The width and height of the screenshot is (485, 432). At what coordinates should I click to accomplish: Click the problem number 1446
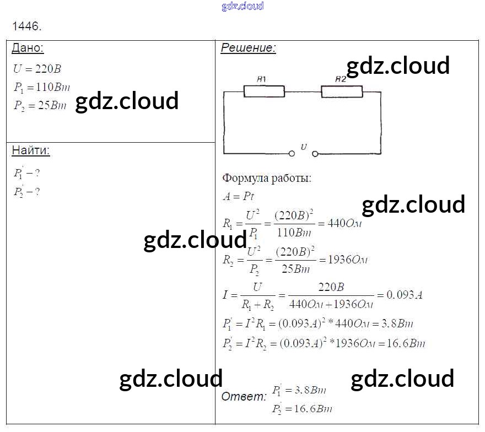tap(26, 26)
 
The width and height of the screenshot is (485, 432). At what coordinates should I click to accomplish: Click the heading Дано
tap(27, 48)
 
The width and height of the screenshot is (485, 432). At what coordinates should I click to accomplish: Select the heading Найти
tap(30, 150)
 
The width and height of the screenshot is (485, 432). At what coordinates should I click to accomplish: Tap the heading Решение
tap(248, 48)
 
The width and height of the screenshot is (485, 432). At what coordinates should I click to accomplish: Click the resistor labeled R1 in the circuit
tap(264, 91)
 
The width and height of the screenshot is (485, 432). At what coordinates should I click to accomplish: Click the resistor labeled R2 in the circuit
tap(342, 91)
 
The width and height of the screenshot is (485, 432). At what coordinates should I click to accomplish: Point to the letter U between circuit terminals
tap(304, 147)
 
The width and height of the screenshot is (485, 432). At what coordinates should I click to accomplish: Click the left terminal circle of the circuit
tap(292, 153)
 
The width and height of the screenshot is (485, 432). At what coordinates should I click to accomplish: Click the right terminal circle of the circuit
tap(316, 153)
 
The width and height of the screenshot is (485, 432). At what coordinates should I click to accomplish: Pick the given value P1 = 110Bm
tap(42, 87)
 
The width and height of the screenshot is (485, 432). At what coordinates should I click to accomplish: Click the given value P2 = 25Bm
tap(40, 106)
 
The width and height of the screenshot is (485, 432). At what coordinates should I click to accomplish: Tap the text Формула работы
tap(266, 179)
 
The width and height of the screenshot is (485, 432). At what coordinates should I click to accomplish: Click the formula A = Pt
tap(238, 196)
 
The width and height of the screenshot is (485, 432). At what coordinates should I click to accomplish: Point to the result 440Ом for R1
tap(344, 224)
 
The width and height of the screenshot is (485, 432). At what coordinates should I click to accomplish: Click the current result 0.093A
tap(405, 295)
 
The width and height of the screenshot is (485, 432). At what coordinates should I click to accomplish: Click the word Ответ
tap(243, 396)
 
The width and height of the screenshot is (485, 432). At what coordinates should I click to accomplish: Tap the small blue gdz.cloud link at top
tap(242, 6)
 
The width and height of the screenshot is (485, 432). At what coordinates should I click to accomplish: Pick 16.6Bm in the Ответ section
tap(312, 409)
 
